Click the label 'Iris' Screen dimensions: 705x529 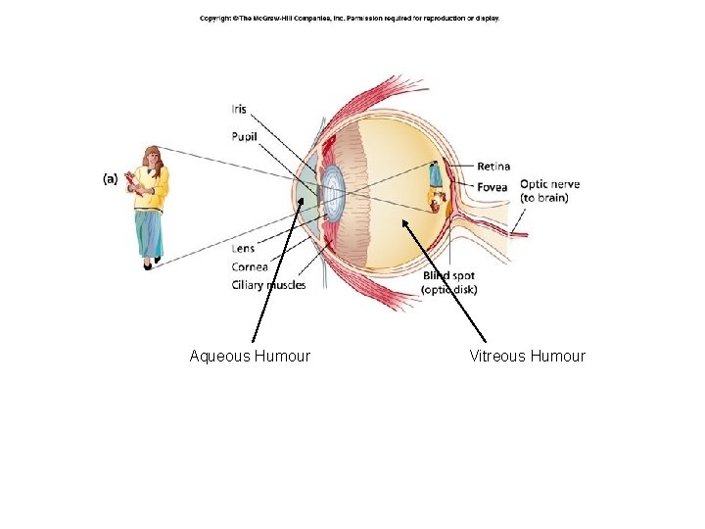click(x=239, y=108)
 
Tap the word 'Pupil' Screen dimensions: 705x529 click(x=244, y=136)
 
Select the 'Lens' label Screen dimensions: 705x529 click(x=243, y=249)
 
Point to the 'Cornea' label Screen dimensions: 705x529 click(x=250, y=266)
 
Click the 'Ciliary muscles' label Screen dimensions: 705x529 click(x=268, y=285)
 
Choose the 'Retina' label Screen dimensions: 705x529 click(x=493, y=167)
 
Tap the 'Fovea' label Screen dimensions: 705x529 click(x=493, y=186)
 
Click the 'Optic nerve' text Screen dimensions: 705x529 click(x=549, y=184)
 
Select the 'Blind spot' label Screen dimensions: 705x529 click(x=448, y=276)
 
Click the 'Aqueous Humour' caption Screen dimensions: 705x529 click(x=250, y=356)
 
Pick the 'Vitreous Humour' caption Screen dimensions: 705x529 click(x=527, y=356)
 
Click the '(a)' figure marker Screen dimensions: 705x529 click(x=110, y=178)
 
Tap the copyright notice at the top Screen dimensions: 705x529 click(x=350, y=19)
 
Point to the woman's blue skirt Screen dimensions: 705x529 click(x=150, y=233)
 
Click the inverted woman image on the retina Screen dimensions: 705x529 click(x=436, y=188)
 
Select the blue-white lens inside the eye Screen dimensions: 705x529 click(x=334, y=192)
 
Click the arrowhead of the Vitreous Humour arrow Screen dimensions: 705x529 click(x=404, y=221)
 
